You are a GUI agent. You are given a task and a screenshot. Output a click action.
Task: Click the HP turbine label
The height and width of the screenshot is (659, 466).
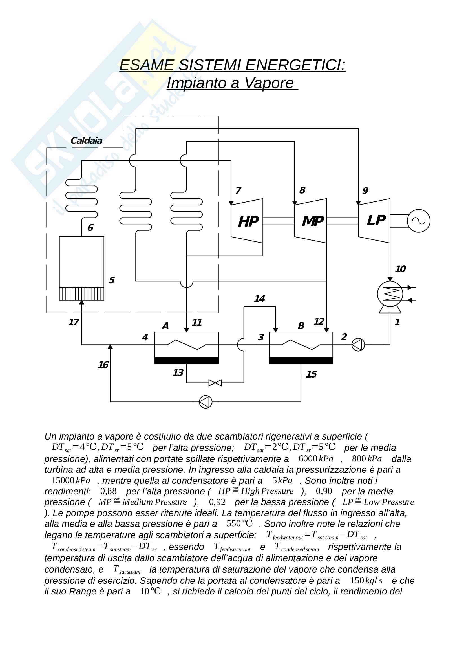[248, 221]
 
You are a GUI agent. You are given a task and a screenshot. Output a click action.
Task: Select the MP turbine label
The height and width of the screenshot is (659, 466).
[312, 221]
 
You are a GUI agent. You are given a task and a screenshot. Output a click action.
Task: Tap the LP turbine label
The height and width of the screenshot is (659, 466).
[376, 220]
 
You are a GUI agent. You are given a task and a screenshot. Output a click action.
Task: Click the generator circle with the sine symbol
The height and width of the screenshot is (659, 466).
[418, 221]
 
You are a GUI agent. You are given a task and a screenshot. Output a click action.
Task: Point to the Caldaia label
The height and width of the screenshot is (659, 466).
[86, 141]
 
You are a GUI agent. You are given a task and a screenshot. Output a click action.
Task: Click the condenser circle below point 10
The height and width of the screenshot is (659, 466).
[390, 294]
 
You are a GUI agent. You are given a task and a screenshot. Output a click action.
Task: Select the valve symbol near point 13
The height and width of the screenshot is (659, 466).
[215, 383]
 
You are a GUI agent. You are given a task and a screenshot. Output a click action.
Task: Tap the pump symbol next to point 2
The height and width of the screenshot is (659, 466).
[358, 344]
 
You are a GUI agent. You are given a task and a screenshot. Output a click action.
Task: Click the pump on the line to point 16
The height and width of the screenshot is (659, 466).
[206, 402]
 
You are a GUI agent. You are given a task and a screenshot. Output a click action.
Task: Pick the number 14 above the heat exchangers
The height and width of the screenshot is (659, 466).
[259, 299]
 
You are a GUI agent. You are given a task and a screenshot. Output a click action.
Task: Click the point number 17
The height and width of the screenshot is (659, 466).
[74, 322]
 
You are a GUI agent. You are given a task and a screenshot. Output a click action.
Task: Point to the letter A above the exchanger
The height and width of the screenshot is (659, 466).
[165, 326]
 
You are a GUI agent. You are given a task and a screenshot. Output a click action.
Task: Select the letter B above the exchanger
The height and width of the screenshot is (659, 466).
[301, 326]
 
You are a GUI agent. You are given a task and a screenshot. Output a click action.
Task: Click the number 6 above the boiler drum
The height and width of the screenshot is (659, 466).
[90, 228]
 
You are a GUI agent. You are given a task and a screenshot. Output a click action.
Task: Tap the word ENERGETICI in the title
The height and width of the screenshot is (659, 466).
[295, 65]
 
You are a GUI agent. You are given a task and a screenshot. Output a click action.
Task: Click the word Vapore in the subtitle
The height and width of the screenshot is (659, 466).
[269, 83]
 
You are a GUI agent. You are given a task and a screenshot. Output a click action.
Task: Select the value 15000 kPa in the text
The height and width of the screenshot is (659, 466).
[71, 480]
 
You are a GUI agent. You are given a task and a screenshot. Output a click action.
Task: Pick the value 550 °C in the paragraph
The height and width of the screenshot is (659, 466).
[239, 523]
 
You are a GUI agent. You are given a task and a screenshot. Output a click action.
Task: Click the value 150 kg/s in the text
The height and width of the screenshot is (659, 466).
[366, 580]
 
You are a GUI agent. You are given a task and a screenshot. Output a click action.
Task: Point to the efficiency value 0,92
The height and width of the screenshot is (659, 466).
[217, 502]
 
